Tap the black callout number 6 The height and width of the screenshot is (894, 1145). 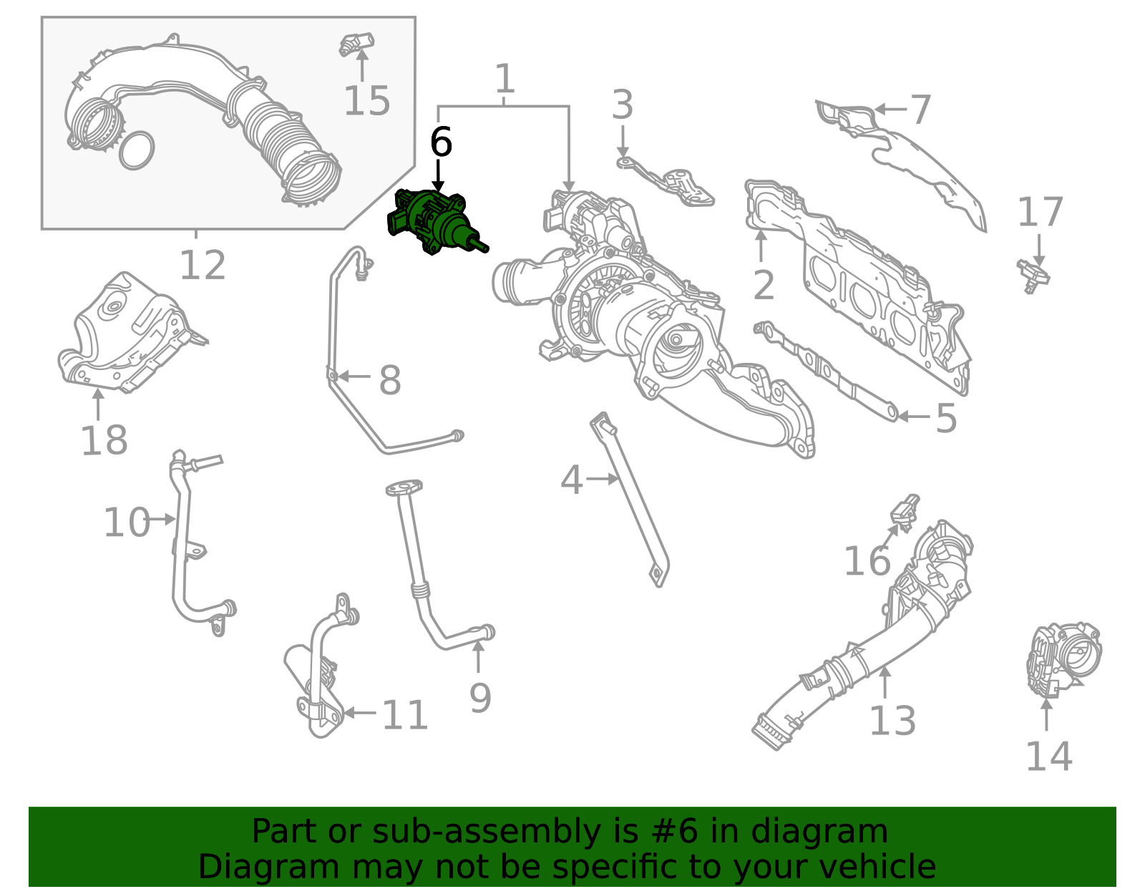click(x=441, y=142)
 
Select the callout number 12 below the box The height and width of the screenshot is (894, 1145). click(x=203, y=266)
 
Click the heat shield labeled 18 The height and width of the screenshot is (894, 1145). click(x=129, y=333)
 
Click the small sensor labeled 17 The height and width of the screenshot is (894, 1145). click(x=1033, y=276)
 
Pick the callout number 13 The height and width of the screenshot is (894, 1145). click(x=892, y=720)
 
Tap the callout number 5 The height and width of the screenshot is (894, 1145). click(x=946, y=418)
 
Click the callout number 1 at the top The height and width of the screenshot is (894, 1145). click(x=505, y=79)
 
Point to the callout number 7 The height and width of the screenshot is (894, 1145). click(x=920, y=110)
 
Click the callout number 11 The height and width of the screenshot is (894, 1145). click(x=405, y=714)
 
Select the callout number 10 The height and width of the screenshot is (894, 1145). click(x=126, y=523)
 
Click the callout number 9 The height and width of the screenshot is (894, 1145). click(x=480, y=698)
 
